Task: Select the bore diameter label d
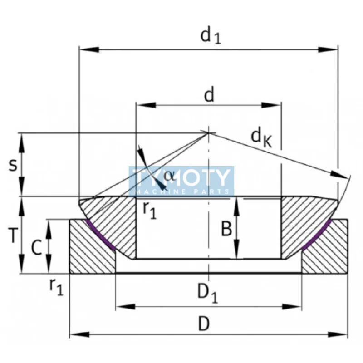209,96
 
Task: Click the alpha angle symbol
169,175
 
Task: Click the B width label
226,229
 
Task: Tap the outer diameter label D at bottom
204,324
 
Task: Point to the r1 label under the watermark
149,210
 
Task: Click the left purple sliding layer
100,235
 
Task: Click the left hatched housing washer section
88,254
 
